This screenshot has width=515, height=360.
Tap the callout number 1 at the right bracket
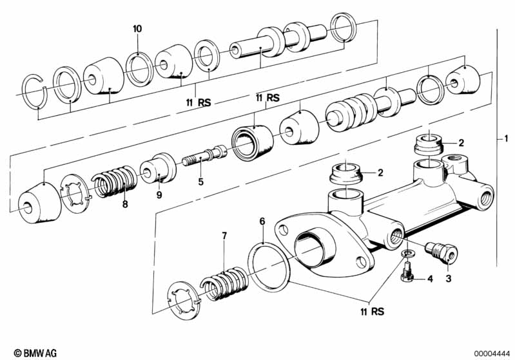[x=507, y=138]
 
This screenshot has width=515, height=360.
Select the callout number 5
[x=200, y=182]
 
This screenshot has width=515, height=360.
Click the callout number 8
[x=124, y=204]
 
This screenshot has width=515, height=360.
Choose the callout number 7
[x=224, y=236]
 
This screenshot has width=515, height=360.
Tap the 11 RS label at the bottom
[x=370, y=312]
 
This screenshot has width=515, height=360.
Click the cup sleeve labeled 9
[x=159, y=169]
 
